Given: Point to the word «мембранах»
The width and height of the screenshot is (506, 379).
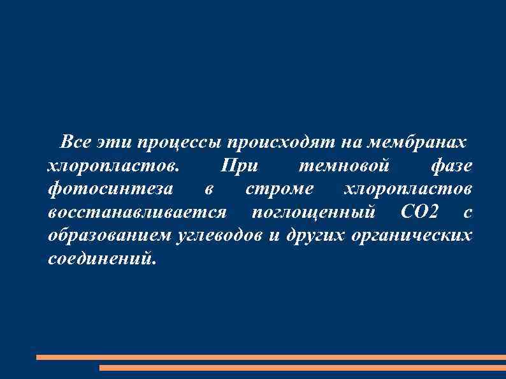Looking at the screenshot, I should (415, 141).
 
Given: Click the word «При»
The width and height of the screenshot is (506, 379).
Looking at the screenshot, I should (238, 166).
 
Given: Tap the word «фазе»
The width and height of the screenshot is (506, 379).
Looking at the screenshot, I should (451, 166).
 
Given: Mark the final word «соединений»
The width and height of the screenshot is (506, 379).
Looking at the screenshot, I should (101, 259).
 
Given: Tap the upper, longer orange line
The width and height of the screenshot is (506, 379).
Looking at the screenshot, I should (271, 357).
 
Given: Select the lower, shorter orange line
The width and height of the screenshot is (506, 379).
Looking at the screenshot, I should (303, 368).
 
